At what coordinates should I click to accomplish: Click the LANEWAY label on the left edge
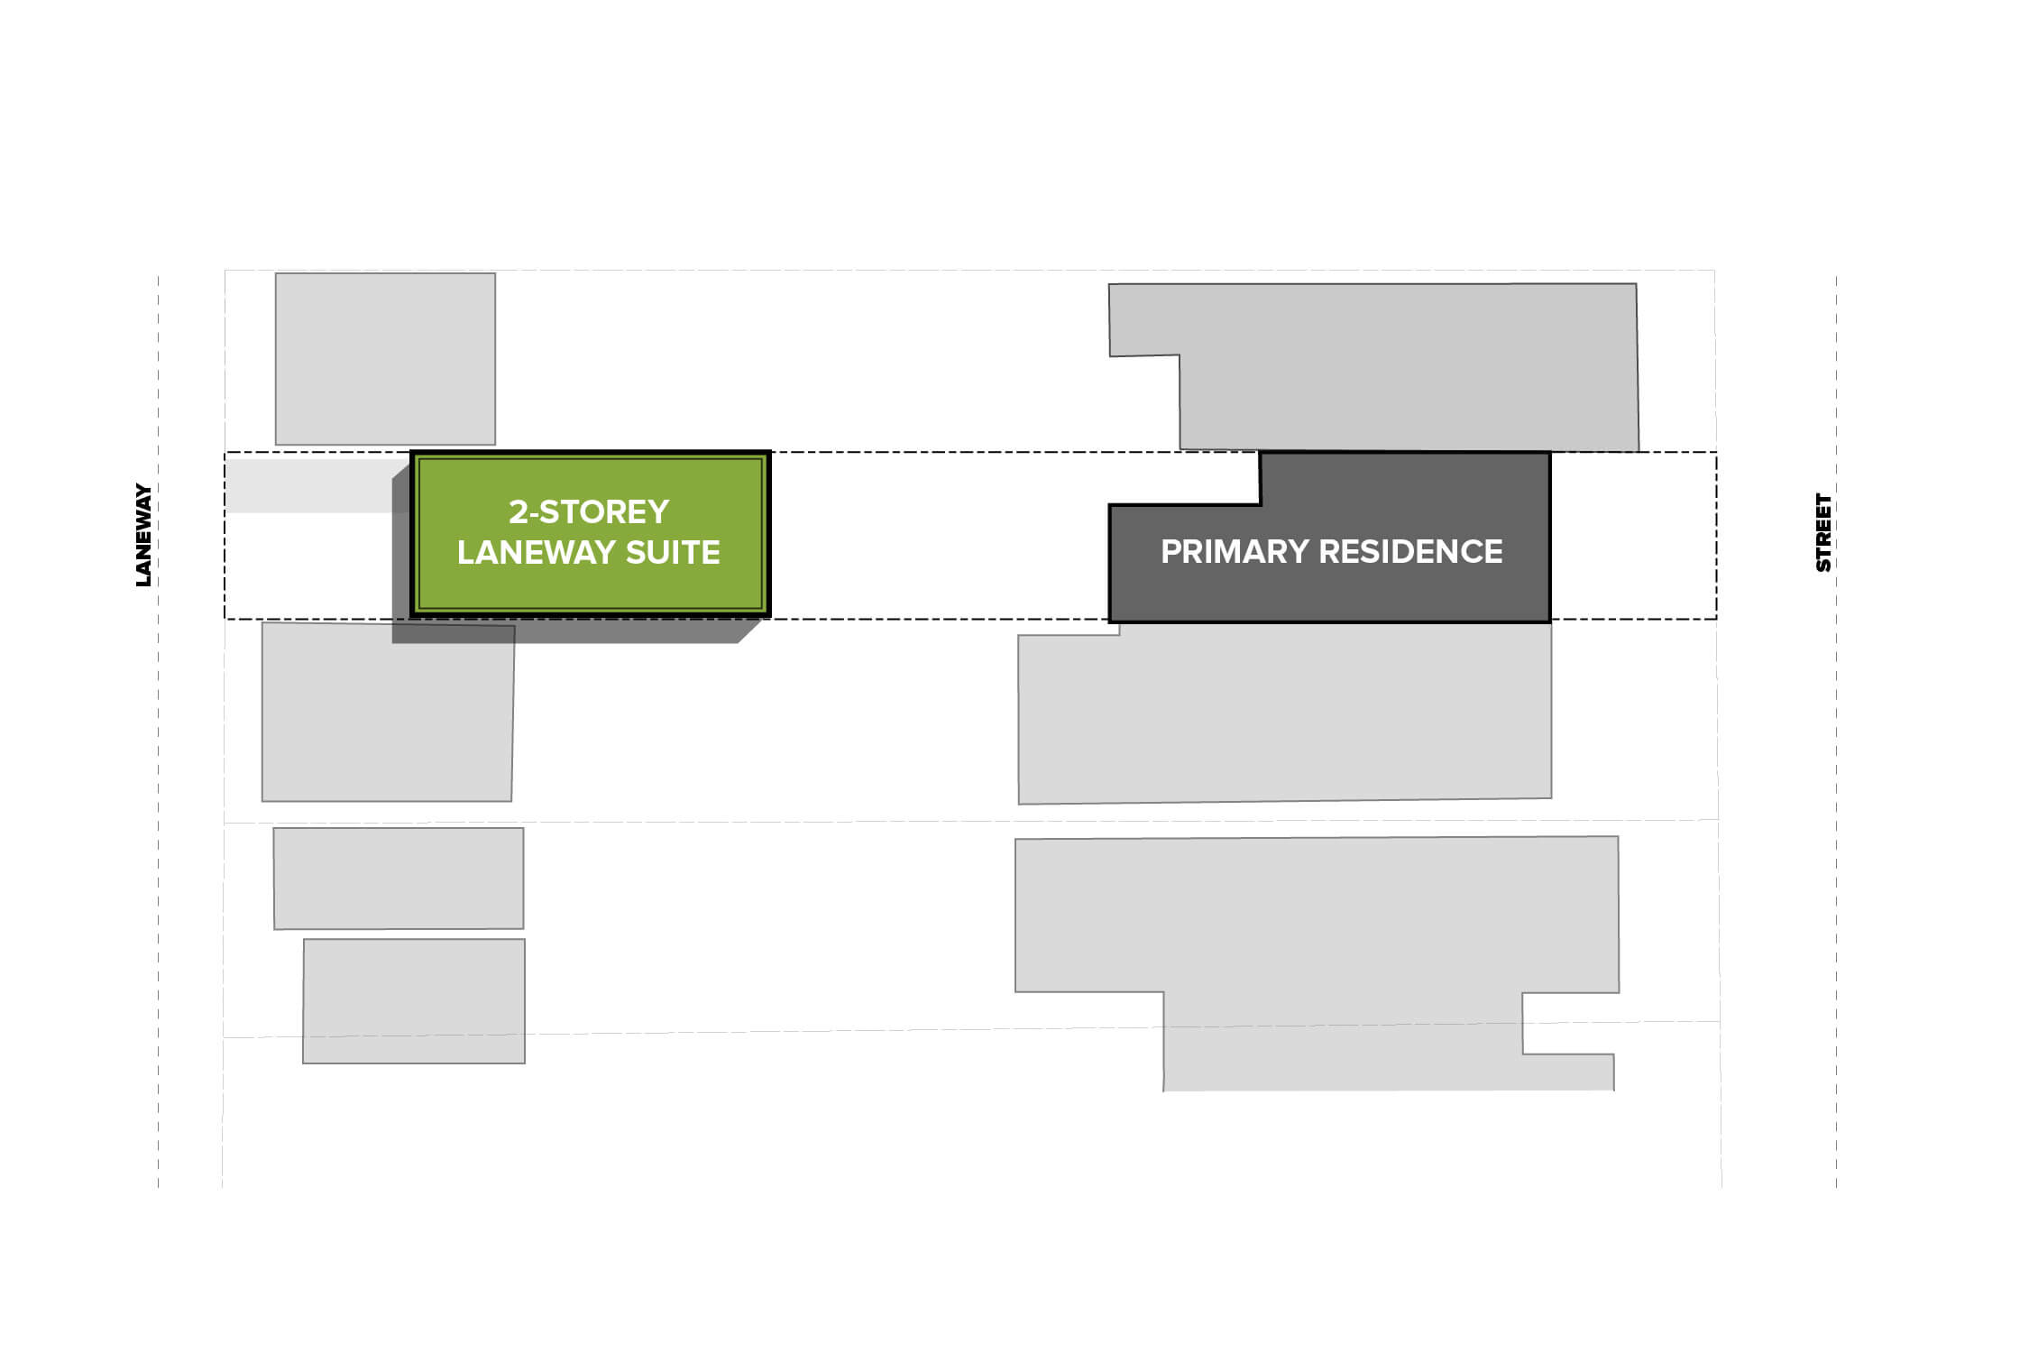coord(143,536)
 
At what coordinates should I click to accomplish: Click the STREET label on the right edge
coord(1823,532)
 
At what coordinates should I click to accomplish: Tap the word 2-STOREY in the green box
coord(589,512)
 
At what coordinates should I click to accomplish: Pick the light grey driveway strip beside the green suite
coord(316,486)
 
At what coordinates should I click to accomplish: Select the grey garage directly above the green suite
coord(385,359)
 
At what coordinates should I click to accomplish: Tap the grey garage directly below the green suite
coord(388,712)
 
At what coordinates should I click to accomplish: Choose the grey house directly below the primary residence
coord(1285,713)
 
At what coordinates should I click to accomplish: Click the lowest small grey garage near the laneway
coord(414,1001)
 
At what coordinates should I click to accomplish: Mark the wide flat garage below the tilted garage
coord(399,879)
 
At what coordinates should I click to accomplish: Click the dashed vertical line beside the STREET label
coord(1836,731)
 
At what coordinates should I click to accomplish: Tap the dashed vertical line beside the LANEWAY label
coord(158,731)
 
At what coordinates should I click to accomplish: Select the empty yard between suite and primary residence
coord(938,536)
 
